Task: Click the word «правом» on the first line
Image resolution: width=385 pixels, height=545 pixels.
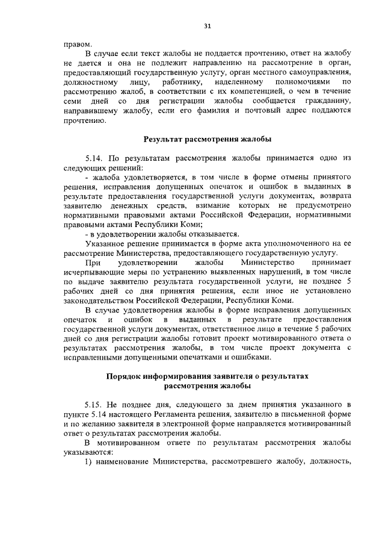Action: tap(78, 44)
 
